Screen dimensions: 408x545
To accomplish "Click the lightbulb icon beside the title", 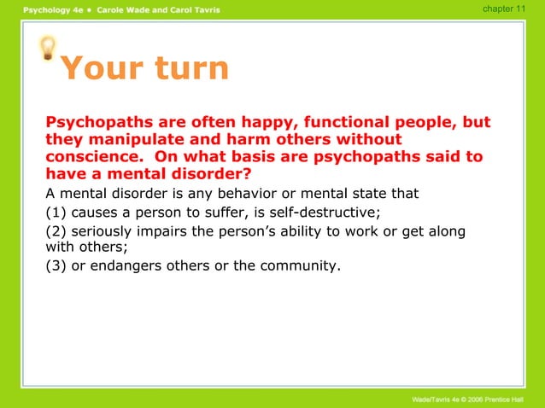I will point(50,50).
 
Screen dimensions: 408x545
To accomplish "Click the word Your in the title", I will point(103,69).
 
